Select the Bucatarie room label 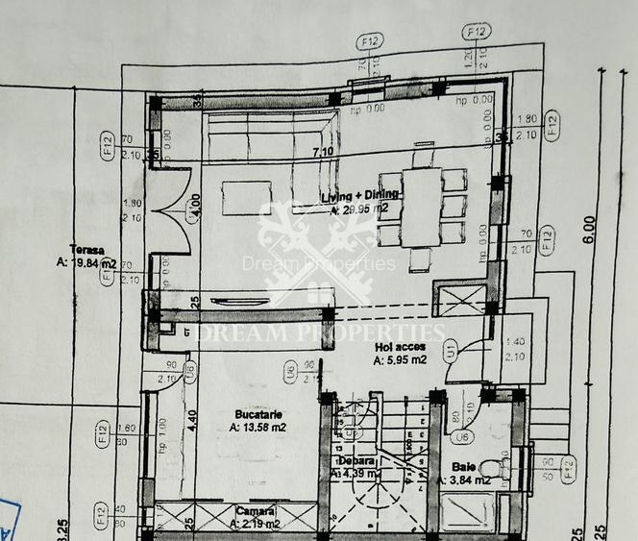pyautogui.click(x=252, y=414)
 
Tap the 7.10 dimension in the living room pyautogui.click(x=321, y=152)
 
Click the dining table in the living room pyautogui.click(x=422, y=207)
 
